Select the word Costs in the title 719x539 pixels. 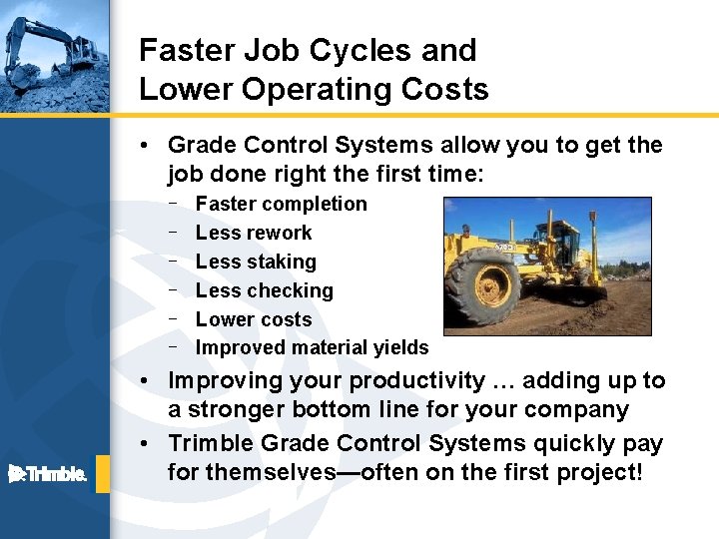click(x=445, y=89)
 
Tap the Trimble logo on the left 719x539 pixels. click(x=48, y=473)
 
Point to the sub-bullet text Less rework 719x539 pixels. click(x=254, y=233)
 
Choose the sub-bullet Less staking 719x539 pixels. click(x=256, y=262)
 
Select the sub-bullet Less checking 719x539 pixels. click(x=265, y=290)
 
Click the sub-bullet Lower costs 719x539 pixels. click(x=254, y=319)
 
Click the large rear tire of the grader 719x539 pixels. click(x=482, y=285)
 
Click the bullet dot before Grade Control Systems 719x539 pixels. click(x=146, y=146)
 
